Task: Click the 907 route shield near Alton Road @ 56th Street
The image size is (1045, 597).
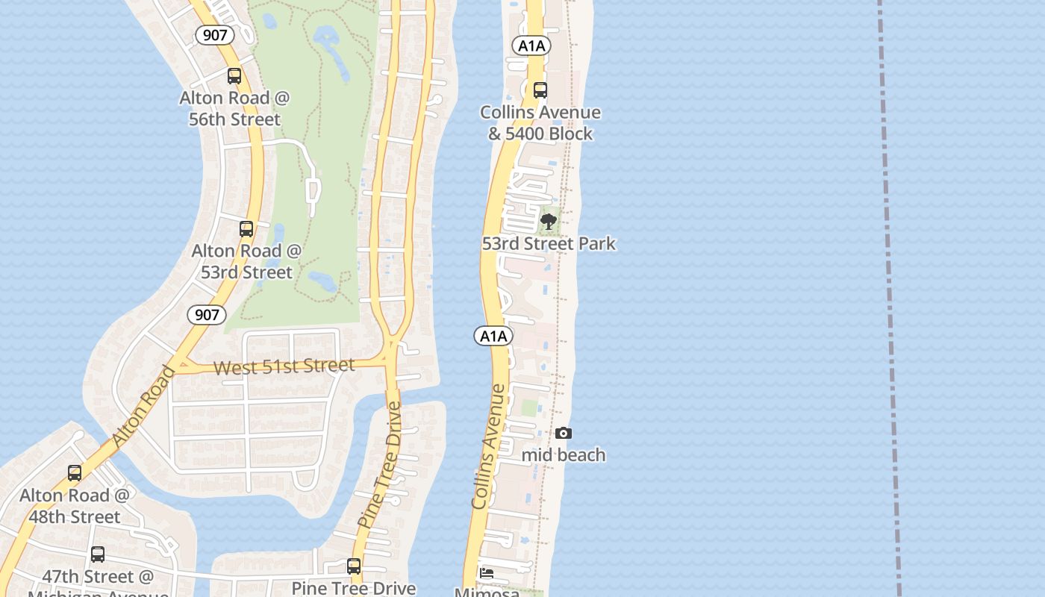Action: click(x=215, y=34)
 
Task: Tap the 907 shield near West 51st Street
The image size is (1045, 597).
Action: click(x=207, y=315)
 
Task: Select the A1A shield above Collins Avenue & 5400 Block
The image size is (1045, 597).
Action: click(x=531, y=46)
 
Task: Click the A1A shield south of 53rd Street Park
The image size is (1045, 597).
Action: click(x=493, y=336)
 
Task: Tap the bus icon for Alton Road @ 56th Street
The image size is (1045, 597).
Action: click(x=234, y=76)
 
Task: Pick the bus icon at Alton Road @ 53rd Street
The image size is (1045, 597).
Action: click(x=246, y=229)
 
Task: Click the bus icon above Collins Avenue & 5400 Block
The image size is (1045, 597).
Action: click(x=540, y=90)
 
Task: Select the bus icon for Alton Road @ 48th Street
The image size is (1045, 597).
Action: click(x=75, y=473)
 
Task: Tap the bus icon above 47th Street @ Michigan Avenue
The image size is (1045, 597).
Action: click(x=98, y=554)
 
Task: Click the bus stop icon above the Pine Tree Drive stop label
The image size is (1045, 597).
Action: click(x=354, y=566)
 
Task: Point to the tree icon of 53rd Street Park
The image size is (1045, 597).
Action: click(x=549, y=222)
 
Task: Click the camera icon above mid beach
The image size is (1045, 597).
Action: click(x=564, y=434)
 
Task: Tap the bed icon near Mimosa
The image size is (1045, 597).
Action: click(x=487, y=573)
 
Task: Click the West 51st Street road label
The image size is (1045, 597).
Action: click(x=284, y=366)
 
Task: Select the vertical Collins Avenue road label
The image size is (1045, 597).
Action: click(x=489, y=446)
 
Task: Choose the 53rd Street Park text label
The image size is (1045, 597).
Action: click(x=549, y=244)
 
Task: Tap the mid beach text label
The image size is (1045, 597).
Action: click(x=564, y=455)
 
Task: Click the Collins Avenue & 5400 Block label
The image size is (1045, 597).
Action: click(x=540, y=123)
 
